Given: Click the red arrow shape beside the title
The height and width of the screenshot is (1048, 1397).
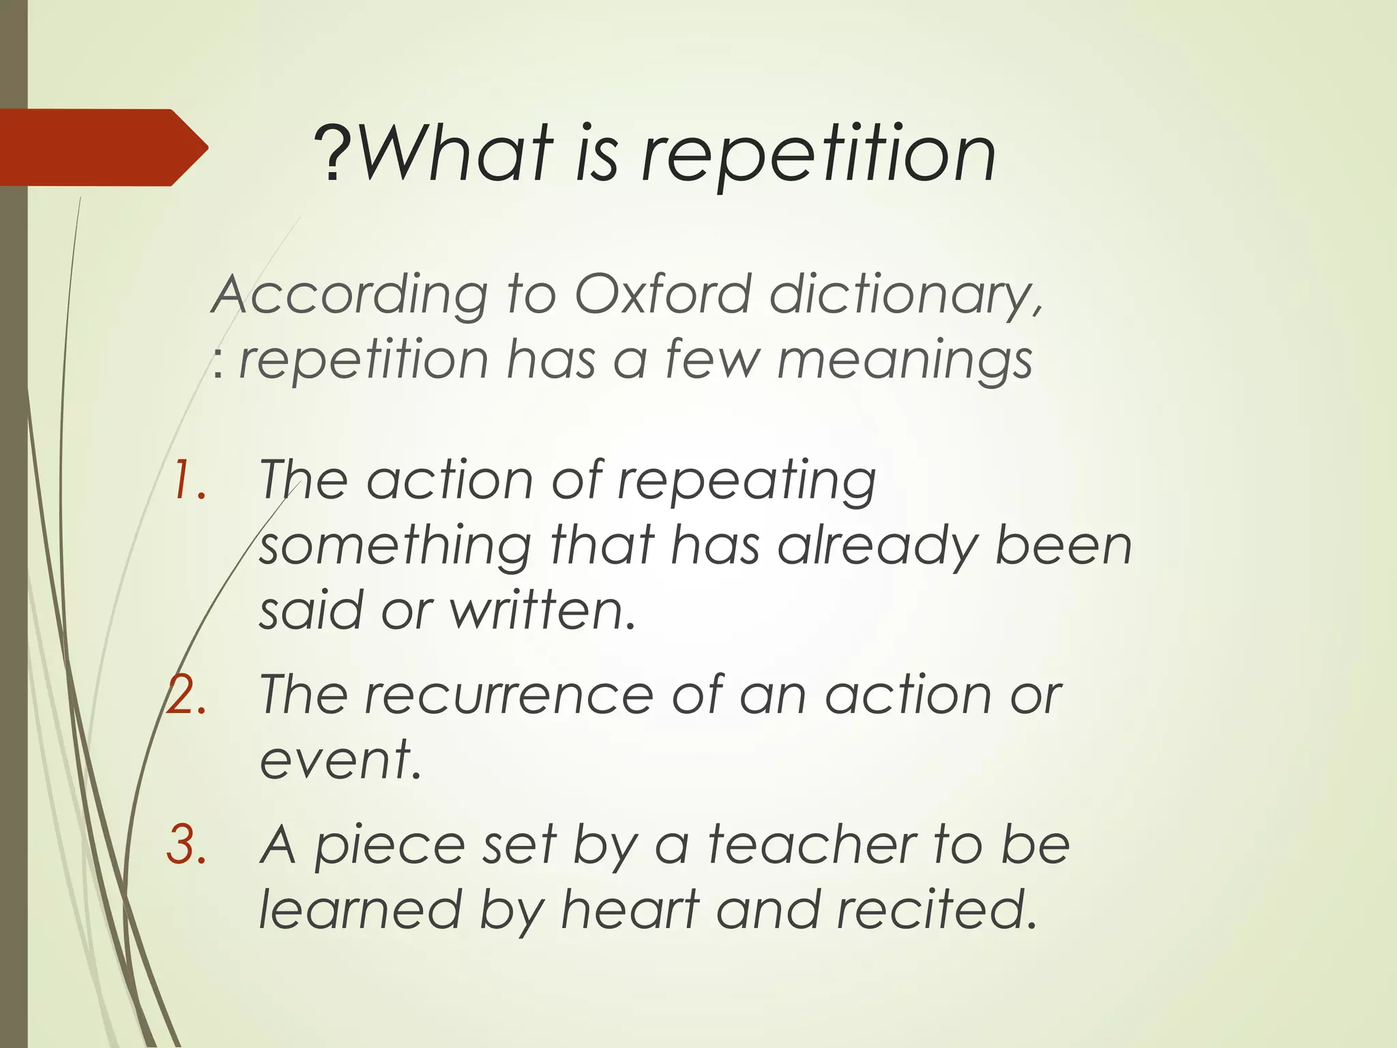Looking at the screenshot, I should point(102,147).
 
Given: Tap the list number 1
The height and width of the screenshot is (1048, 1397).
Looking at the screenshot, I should point(188,480).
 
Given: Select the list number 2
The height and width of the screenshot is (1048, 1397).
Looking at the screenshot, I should point(187,695).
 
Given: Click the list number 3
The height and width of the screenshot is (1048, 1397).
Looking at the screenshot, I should point(187,845).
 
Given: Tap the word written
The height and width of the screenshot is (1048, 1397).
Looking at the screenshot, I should point(542,610).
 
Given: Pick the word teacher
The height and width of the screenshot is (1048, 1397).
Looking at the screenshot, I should point(812,845).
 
